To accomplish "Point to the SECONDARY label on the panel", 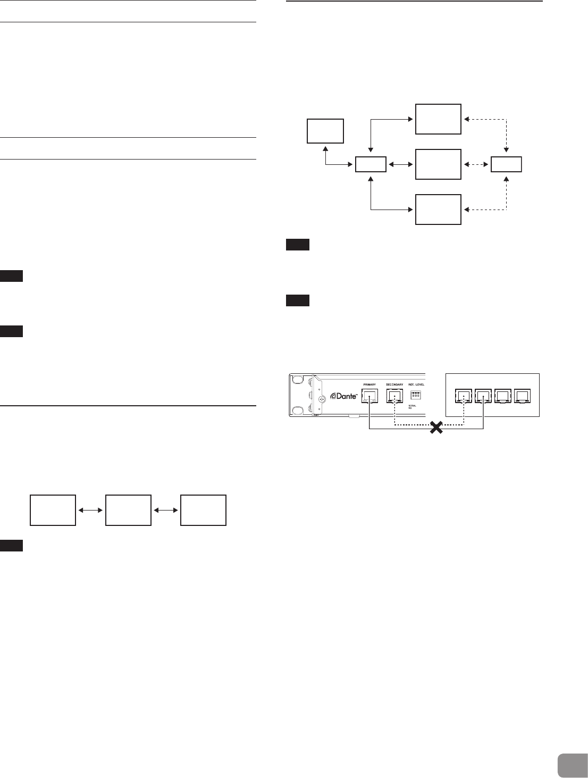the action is pos(394,384).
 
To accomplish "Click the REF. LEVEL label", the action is pos(417,384).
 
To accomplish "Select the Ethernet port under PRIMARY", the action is pos(368,396).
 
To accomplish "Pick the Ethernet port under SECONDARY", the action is pos(394,396).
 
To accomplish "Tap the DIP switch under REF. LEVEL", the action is pos(416,395).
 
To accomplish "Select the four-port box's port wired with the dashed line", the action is pos(464,396).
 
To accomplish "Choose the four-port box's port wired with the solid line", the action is pos(483,396).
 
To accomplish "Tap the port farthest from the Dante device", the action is pos(523,396).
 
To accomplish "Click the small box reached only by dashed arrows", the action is pos(506,164).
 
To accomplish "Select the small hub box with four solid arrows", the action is pos(371,164).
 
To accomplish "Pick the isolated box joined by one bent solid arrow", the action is pos(325,131).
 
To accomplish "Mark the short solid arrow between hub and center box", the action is pos(400,164).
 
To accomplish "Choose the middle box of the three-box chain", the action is pos(128,510).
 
